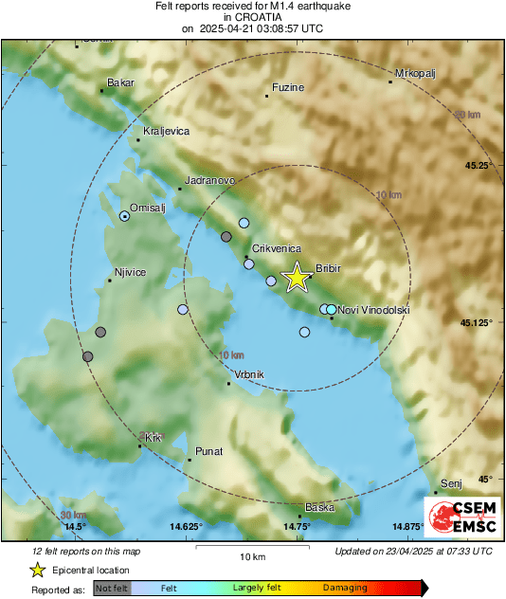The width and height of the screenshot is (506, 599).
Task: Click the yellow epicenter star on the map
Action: pos(297,278)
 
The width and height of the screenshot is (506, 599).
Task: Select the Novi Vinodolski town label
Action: pos(373,310)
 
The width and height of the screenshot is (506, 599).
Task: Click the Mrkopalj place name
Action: pos(413,73)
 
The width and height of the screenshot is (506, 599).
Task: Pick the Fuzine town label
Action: pos(287,88)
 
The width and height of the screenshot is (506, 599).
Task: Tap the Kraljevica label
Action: pos(166,131)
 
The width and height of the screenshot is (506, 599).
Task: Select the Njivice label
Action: pos(130,273)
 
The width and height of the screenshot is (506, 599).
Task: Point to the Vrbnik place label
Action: pos(248,374)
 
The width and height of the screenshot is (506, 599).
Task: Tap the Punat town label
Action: pos(208,451)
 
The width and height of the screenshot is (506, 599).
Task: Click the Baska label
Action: pos(319,507)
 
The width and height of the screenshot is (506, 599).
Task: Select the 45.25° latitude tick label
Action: pos(477,166)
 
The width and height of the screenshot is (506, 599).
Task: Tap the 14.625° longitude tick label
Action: pos(186,526)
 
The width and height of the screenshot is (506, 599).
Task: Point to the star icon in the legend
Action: pos(37,570)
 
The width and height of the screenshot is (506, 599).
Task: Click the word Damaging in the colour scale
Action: pos(345,588)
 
